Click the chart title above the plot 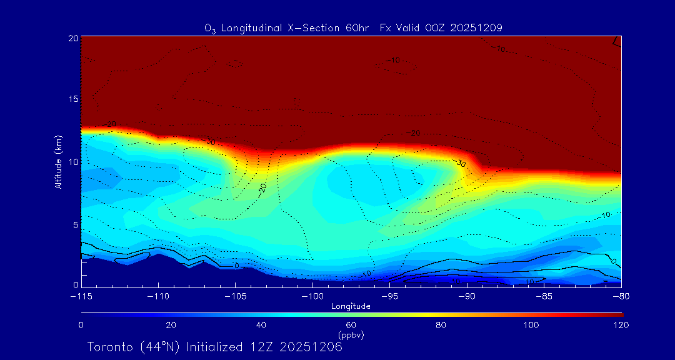coord(353,28)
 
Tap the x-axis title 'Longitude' coord(351,306)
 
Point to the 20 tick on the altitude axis coord(72,38)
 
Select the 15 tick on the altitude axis coord(72,99)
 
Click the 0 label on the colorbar coord(81,325)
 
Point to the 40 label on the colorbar coord(261,325)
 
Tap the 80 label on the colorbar coord(441,325)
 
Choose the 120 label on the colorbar coord(621,325)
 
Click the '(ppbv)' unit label coord(351,335)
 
